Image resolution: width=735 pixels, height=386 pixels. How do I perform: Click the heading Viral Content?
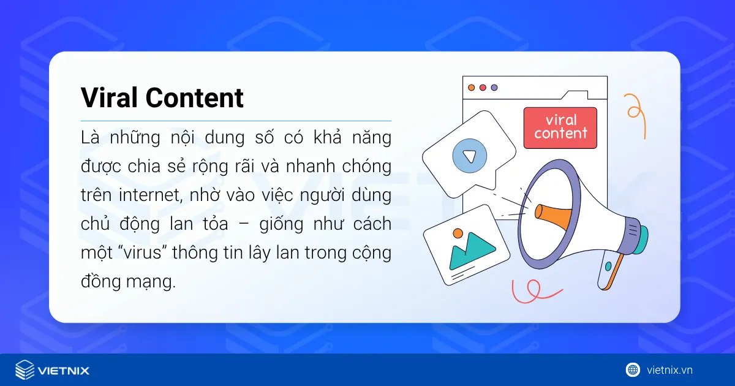click(162, 98)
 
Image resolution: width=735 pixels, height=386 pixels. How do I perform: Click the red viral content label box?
click(560, 127)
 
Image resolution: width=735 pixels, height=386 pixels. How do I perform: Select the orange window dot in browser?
click(471, 88)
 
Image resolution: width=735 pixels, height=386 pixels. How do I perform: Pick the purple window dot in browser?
click(494, 88)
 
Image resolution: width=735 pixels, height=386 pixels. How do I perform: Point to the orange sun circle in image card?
click(457, 233)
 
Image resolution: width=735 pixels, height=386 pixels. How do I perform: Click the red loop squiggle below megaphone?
click(532, 291)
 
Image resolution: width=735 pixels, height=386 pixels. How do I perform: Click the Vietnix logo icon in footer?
click(24, 370)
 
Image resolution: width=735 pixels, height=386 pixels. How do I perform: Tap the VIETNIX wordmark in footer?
click(63, 371)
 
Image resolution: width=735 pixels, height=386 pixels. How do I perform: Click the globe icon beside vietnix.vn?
click(633, 369)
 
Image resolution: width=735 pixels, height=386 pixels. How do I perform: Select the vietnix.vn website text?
click(669, 370)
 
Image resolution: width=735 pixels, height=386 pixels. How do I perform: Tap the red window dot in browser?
click(483, 88)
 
